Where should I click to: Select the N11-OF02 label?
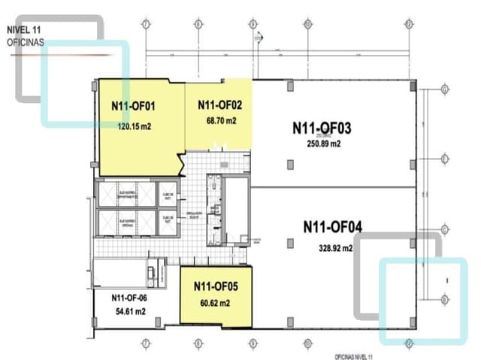(219, 104)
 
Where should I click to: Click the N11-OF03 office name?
(322, 128)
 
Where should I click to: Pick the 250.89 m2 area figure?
(324, 144)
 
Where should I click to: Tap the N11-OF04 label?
(333, 225)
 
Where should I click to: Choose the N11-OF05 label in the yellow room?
(216, 286)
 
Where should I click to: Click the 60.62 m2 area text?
(216, 304)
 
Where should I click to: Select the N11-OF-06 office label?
(130, 298)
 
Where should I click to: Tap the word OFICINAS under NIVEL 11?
(26, 43)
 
